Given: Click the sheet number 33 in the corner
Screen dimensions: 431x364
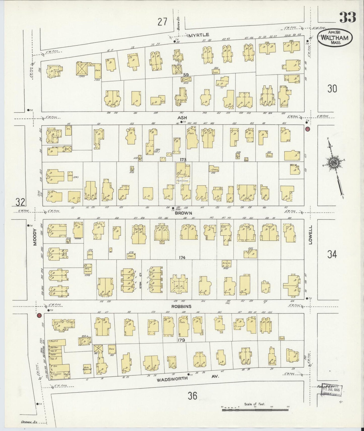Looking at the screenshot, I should point(348,17).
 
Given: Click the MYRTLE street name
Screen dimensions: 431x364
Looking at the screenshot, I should point(198,35).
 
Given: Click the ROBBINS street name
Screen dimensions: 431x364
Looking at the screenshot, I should point(181,306).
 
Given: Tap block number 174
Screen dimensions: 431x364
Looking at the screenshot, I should point(182,257).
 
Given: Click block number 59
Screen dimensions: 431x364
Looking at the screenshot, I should point(186,75).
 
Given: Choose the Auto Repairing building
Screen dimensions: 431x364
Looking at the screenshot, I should point(87,369).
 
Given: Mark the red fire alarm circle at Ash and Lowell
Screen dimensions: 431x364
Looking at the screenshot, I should point(307,129).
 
